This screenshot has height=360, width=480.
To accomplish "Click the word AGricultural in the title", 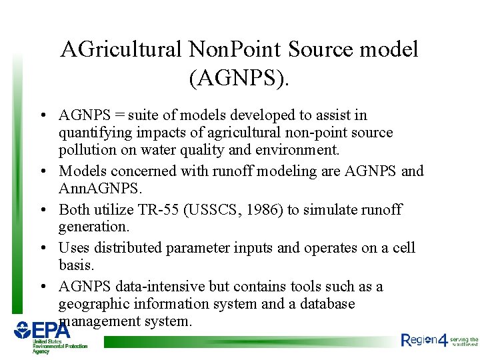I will [121, 50].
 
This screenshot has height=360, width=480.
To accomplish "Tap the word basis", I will [75, 265].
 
